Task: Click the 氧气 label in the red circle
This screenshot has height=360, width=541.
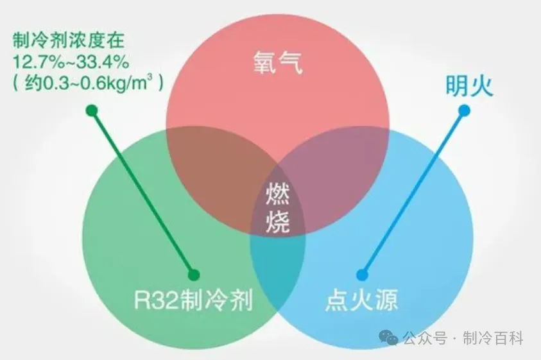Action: point(278,62)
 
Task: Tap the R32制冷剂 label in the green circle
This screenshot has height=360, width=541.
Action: point(193,300)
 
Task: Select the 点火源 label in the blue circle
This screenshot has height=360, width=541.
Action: point(361,300)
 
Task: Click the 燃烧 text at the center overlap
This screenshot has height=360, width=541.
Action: point(278,208)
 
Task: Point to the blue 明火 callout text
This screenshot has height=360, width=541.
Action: point(469,85)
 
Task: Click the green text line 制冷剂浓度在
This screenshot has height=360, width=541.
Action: point(68,40)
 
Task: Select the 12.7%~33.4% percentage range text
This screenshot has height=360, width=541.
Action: point(71,62)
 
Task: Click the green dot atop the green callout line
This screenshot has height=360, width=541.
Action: point(92,110)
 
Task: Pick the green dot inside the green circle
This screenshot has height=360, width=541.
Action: point(194,275)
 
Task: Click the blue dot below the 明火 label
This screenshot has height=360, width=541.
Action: point(465,110)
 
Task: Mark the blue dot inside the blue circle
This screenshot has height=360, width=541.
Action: point(363,275)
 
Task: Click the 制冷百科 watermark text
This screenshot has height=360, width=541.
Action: point(493,338)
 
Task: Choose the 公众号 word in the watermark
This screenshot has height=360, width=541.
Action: point(425,338)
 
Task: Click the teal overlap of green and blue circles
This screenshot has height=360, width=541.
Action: point(278,266)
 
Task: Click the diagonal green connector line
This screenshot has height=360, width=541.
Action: point(143,193)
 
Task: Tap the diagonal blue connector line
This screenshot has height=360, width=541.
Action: point(413,193)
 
